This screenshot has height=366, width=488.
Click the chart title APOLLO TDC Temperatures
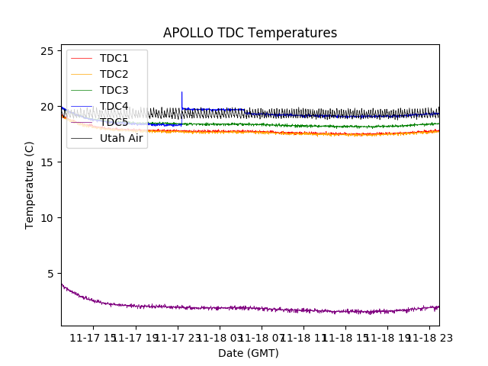pos(250,33)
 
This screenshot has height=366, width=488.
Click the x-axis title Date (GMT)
pos(249,353)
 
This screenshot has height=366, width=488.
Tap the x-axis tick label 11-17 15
pos(93,338)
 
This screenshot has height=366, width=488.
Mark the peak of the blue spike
pos(181,92)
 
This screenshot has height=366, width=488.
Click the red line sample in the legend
pos(82,58)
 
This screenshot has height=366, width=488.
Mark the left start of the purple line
pos(62,284)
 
